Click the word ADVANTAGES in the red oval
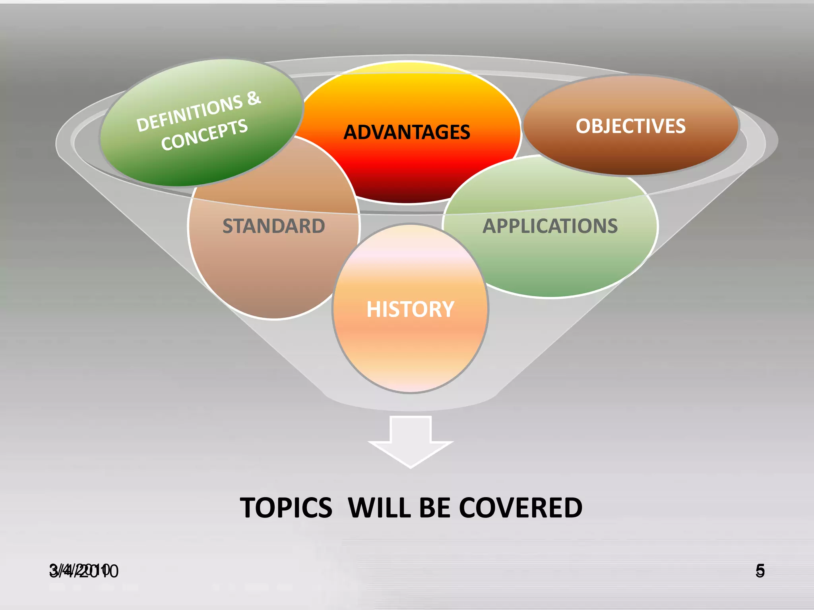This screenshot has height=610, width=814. pos(407,132)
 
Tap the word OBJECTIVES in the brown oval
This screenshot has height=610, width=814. pos(630,126)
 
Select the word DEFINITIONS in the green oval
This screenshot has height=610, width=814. pos(189,113)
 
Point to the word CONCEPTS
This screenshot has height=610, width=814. pos(204,135)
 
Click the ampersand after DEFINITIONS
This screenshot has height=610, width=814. pos(253,98)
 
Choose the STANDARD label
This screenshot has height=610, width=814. pos(273,226)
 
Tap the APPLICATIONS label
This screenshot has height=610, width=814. pos(550,226)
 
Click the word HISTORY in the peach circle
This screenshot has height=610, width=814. pos(410,309)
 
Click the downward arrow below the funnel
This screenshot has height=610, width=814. pos(411,441)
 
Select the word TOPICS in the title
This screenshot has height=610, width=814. pos(286,508)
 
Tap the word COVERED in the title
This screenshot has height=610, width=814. pos(521,508)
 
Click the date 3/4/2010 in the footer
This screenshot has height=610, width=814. pos(83,571)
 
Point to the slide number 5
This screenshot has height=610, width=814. pos(760,571)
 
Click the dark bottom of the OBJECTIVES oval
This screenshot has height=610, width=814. pos(631,165)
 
